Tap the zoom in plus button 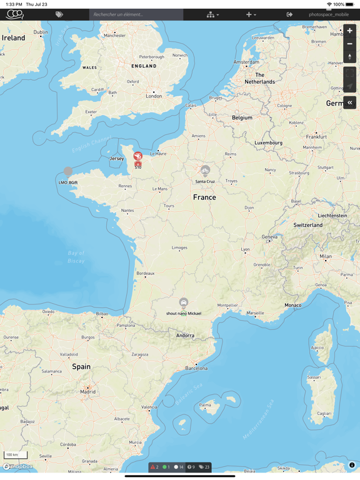click(349, 31)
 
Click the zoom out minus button click(349, 44)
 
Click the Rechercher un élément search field click(136, 14)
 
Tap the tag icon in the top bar click(59, 14)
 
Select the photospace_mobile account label click(329, 14)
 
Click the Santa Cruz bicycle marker click(205, 171)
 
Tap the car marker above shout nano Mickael click(184, 303)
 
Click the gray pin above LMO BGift click(68, 171)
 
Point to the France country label click(204, 197)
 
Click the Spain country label click(81, 367)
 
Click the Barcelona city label click(196, 368)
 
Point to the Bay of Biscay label click(76, 257)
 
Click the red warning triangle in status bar click(152, 467)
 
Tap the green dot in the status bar click(164, 467)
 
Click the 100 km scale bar click(16, 455)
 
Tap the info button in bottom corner click(352, 465)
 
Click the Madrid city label click(88, 392)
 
